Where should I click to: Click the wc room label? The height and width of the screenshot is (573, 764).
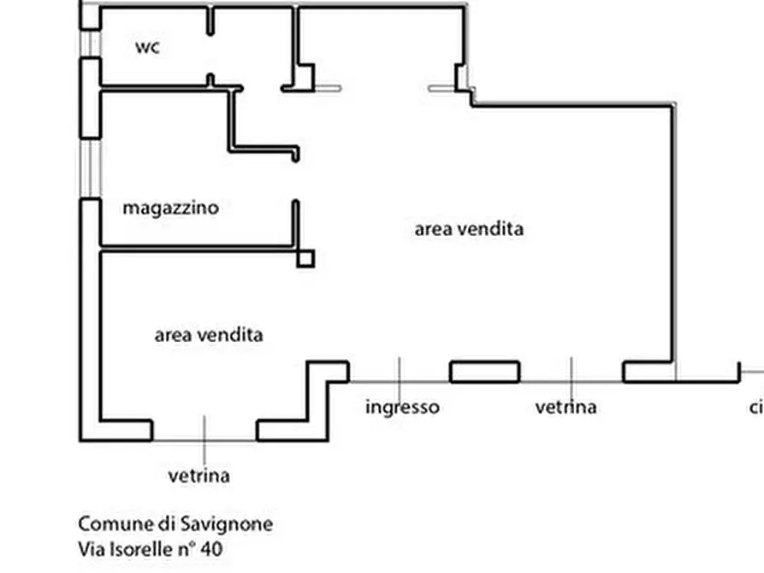pos(147,47)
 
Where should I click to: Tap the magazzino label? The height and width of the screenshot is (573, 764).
pos(170,208)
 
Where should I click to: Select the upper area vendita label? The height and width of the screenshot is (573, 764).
pos(469,229)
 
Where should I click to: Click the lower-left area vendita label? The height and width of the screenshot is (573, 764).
pos(208,335)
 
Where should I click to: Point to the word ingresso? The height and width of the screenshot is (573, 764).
pos(402,407)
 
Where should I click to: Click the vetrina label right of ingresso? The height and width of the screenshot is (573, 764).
pos(566,407)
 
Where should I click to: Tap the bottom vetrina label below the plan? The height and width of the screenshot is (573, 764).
pos(198,476)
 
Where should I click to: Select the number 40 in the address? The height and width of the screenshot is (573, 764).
pos(212,549)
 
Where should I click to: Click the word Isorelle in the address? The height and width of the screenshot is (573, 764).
pos(136,549)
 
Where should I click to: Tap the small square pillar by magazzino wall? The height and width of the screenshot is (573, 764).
pos(305,258)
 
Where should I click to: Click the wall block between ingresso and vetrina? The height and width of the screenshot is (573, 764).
pos(485,372)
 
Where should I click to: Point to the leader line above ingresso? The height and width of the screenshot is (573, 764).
pos(399,375)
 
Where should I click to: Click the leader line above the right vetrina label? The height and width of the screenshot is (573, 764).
pos(572,375)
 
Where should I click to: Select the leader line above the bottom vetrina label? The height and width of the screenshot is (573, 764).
pos(204,437)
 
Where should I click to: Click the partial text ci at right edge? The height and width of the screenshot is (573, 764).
pos(755,407)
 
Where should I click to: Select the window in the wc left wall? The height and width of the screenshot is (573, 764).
pos(91,43)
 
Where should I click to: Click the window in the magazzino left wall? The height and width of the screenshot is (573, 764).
pos(91,168)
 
